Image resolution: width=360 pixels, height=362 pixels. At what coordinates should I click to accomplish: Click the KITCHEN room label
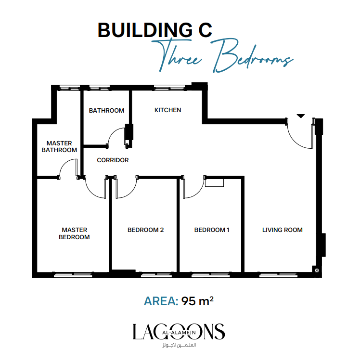click(x=168, y=110)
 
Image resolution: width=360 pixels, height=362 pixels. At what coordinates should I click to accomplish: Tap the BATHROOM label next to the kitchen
click(x=107, y=111)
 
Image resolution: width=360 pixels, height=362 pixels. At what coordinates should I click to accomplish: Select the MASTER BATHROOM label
click(x=59, y=147)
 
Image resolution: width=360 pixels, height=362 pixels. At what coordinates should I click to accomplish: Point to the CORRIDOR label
click(x=113, y=160)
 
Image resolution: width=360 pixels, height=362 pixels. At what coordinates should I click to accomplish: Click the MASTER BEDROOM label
click(x=74, y=233)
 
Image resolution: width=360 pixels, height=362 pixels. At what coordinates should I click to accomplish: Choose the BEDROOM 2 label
click(x=146, y=230)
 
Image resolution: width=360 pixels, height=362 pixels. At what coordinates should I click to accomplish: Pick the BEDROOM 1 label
click(x=212, y=230)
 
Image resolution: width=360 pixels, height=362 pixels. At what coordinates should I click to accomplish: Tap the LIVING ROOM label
click(x=283, y=230)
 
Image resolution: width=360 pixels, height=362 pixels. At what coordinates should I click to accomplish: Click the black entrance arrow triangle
click(x=300, y=116)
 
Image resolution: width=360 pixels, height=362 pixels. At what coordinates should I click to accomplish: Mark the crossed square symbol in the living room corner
click(x=317, y=270)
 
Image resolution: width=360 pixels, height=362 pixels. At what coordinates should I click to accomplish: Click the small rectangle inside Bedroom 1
click(x=214, y=182)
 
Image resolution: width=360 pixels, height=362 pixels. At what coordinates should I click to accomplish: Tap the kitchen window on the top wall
click(x=169, y=88)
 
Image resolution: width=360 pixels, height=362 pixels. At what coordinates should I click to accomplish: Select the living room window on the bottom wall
click(x=278, y=275)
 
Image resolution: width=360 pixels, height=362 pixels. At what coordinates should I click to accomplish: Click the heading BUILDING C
click(x=155, y=30)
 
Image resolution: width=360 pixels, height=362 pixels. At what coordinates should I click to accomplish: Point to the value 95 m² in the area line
click(x=197, y=301)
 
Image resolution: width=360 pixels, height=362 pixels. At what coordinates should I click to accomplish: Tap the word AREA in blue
click(x=161, y=301)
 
